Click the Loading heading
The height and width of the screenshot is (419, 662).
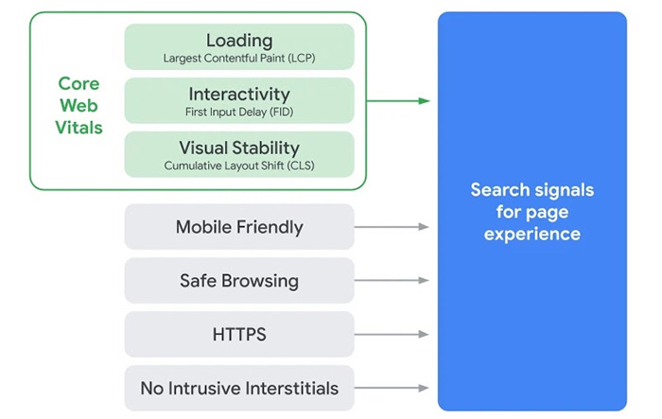pyautogui.click(x=239, y=41)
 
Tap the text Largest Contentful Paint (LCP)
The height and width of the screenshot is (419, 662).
pyautogui.click(x=239, y=59)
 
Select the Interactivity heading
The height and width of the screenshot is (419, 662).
pyautogui.click(x=239, y=95)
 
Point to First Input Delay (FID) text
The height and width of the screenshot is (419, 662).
pyautogui.click(x=239, y=113)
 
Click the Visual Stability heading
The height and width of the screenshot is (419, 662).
pyautogui.click(x=239, y=148)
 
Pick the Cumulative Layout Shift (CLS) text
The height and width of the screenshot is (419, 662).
pyautogui.click(x=239, y=166)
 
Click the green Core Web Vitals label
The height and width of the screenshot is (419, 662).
pyautogui.click(x=78, y=105)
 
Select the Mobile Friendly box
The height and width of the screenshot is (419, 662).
pyautogui.click(x=239, y=227)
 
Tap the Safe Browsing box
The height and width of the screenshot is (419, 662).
pyautogui.click(x=239, y=281)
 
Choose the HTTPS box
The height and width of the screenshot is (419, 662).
pyautogui.click(x=239, y=335)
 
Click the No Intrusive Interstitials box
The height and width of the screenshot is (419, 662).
pyautogui.click(x=239, y=388)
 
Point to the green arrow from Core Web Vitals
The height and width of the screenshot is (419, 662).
pyautogui.click(x=397, y=100)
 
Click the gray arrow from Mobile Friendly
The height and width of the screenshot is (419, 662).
pyautogui.click(x=392, y=227)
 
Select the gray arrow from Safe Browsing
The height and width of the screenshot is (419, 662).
pyautogui.click(x=392, y=281)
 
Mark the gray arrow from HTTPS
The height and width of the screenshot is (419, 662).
pyautogui.click(x=392, y=335)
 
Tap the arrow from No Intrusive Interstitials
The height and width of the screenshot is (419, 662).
pyautogui.click(x=392, y=388)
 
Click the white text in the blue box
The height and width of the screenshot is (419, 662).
pyautogui.click(x=531, y=212)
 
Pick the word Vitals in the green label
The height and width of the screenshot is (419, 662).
pyautogui.click(x=78, y=127)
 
